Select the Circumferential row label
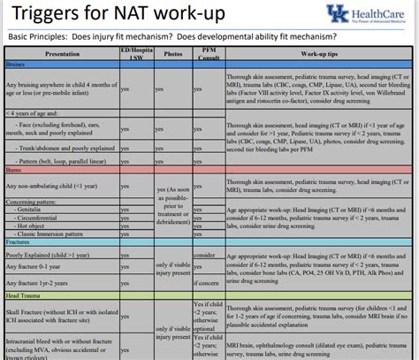click(44, 216)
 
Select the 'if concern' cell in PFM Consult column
click(204, 283)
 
